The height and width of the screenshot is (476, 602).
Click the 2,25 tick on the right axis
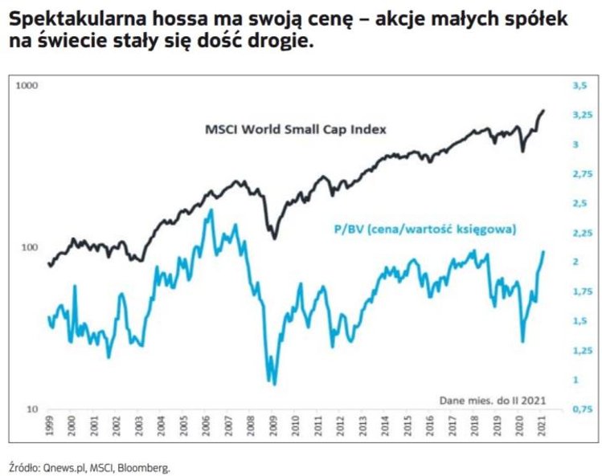click(579, 232)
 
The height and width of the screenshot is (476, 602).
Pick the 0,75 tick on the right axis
click(579, 409)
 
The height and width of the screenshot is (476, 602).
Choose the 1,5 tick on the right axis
click(579, 321)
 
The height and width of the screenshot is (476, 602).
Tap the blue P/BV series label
click(424, 230)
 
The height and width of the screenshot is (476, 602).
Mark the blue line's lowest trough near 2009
click(275, 384)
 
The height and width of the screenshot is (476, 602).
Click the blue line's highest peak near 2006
click(211, 210)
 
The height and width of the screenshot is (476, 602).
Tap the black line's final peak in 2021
click(544, 111)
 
